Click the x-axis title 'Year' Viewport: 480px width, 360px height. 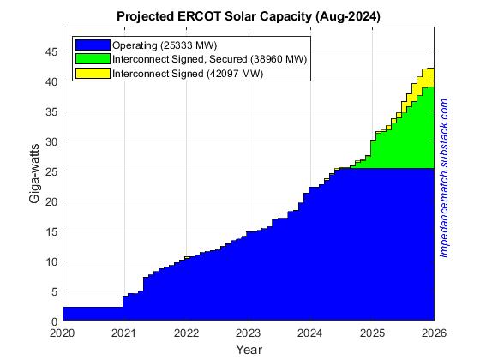249,349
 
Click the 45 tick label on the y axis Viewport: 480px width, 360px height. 51,51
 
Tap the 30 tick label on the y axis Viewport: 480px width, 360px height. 51,141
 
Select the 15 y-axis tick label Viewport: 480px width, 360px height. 51,231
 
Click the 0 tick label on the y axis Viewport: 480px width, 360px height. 55,321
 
